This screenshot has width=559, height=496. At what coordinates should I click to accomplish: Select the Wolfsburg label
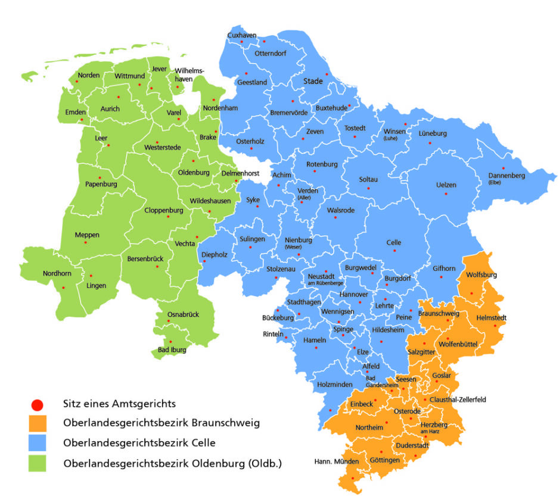coord(481,275)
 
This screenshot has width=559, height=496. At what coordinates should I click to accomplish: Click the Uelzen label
coord(446,185)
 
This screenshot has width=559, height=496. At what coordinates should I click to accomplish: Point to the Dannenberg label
coord(506,176)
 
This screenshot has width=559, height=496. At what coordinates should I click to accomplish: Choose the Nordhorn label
coord(57,274)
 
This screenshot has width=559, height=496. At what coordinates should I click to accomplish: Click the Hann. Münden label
coord(337,462)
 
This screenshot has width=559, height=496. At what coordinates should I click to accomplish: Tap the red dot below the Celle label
coord(394,251)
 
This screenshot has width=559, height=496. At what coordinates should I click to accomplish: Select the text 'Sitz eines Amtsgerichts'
coord(119,404)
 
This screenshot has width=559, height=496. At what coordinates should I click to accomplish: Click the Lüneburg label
coord(432,133)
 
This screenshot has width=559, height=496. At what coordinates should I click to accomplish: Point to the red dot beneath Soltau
coord(368,189)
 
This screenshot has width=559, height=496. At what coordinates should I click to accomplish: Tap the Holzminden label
coord(335,385)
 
